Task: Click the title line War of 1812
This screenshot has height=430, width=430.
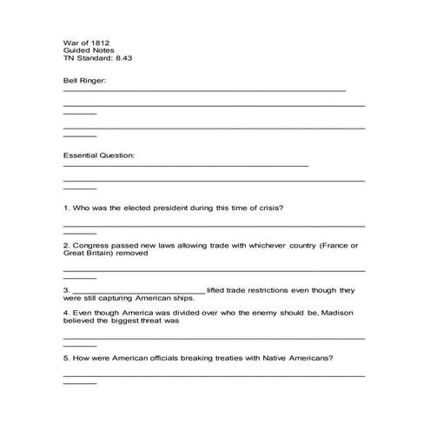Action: pyautogui.click(x=86, y=42)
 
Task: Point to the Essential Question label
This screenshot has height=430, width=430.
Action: pyautogui.click(x=99, y=156)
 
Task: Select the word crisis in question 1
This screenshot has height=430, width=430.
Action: pyautogui.click(x=269, y=208)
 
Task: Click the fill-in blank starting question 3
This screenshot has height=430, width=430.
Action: pyautogui.click(x=137, y=290)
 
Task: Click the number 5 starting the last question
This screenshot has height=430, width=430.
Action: pyautogui.click(x=66, y=357)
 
